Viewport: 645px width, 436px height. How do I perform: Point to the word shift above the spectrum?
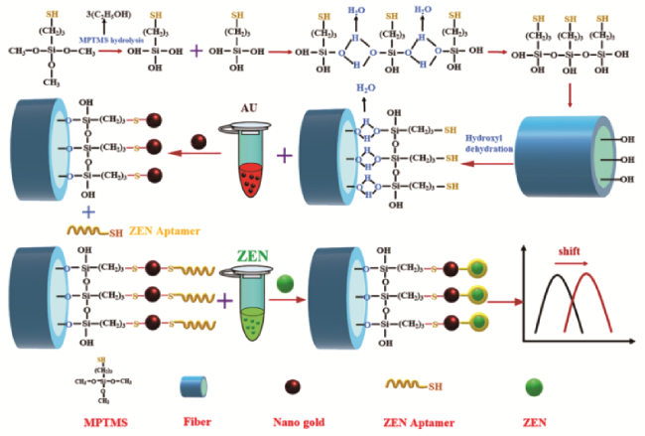(x=572, y=250)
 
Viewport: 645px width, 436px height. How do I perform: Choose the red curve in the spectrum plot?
(x=585, y=298)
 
